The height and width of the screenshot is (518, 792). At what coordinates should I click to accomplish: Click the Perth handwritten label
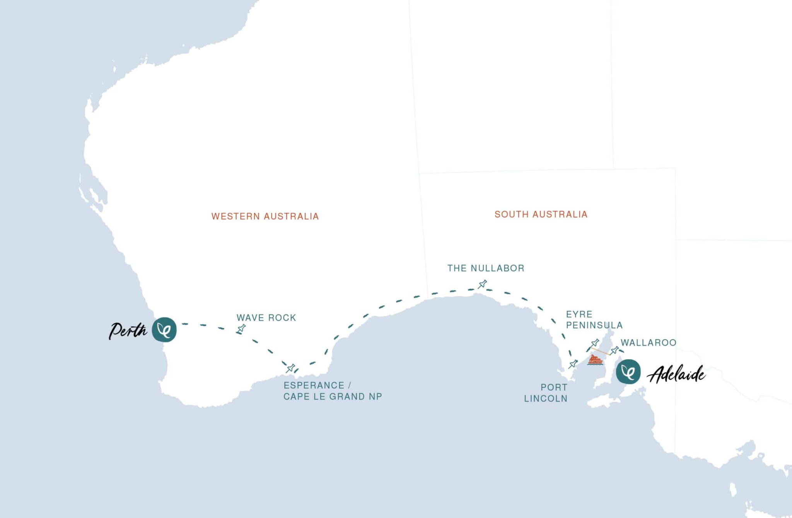tap(128, 331)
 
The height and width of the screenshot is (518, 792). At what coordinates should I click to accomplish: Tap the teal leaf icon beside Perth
tap(164, 330)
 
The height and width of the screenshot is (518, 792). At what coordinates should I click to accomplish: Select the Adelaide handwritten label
tap(676, 374)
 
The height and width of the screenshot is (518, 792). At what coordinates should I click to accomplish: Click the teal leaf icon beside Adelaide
tap(628, 371)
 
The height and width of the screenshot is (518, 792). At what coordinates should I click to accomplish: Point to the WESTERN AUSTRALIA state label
tap(265, 216)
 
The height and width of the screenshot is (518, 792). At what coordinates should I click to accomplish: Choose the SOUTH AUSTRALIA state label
tap(541, 214)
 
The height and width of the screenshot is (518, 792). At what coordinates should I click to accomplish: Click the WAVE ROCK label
tap(266, 318)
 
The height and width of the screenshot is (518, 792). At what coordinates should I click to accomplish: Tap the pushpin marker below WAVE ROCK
tap(241, 329)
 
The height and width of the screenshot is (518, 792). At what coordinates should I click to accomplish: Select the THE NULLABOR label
tap(486, 268)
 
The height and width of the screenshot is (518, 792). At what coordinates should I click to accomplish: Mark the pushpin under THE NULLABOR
tap(482, 284)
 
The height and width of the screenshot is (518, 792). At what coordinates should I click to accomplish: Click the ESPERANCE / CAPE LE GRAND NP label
tap(333, 391)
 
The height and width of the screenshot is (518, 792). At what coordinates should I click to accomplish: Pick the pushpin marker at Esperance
tap(290, 368)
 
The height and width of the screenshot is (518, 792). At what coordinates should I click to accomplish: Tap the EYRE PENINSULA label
tap(594, 320)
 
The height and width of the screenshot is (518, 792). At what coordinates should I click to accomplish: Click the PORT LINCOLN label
tap(546, 393)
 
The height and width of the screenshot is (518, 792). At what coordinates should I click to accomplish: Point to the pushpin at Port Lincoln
tap(573, 364)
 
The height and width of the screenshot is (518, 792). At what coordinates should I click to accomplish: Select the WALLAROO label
tap(649, 342)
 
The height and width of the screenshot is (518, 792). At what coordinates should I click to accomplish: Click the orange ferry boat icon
tap(595, 360)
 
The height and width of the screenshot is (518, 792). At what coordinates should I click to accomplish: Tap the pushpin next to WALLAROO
tap(614, 350)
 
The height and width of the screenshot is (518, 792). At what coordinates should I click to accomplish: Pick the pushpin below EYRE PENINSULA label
tap(595, 343)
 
